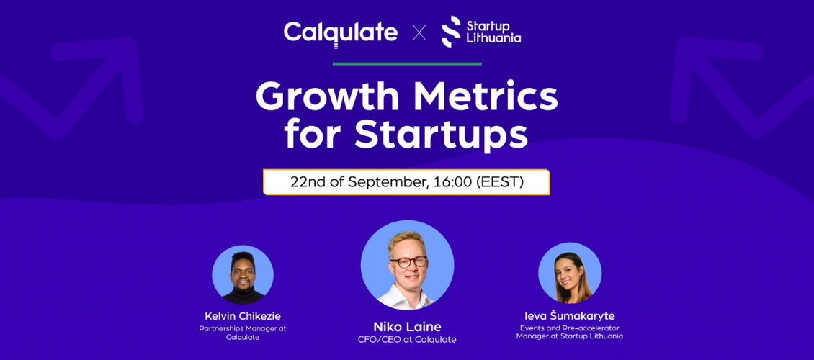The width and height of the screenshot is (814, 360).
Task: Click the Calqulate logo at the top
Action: (x=341, y=32)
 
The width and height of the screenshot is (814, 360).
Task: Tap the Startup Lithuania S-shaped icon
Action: (x=451, y=32)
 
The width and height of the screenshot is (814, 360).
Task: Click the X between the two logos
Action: (x=419, y=34)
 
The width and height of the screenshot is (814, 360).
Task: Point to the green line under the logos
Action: (x=407, y=64)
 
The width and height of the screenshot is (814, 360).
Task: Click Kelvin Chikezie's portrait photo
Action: (x=243, y=274)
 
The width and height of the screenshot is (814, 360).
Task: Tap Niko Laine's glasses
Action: (x=408, y=261)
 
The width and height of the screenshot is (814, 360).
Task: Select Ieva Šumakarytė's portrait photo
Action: (x=570, y=273)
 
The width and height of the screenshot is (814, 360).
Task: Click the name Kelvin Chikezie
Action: (x=243, y=316)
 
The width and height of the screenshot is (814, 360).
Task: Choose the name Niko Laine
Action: (x=407, y=327)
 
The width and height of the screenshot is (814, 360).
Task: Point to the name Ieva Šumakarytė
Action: (x=570, y=316)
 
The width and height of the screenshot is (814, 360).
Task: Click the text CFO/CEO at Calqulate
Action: (x=407, y=340)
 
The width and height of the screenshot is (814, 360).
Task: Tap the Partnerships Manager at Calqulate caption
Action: (x=243, y=333)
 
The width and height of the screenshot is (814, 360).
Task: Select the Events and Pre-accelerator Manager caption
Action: (x=570, y=332)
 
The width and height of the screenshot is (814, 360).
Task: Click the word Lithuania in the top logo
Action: (x=493, y=38)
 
